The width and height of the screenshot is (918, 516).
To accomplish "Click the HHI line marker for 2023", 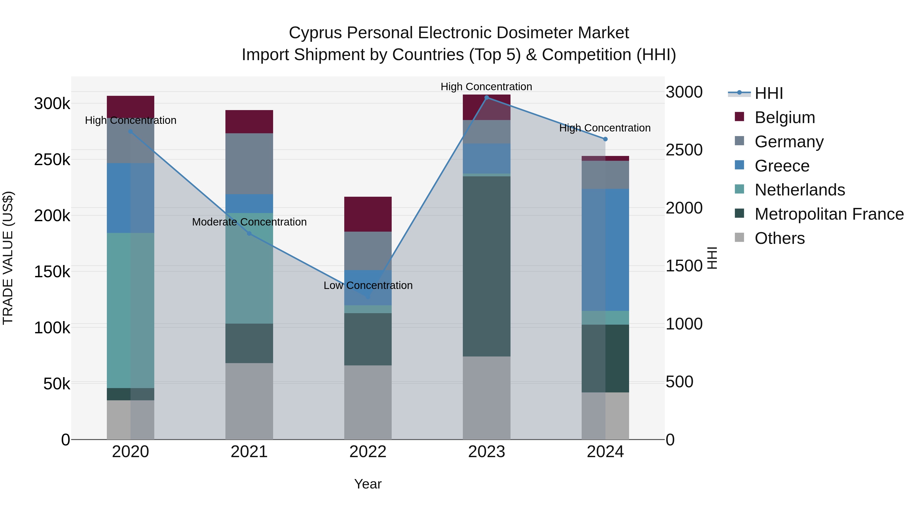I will tap(487, 97).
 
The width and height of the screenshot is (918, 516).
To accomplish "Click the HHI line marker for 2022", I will tap(368, 297).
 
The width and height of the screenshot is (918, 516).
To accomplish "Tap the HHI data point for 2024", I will tap(605, 139).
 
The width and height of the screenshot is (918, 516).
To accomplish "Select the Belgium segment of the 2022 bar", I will tap(368, 214).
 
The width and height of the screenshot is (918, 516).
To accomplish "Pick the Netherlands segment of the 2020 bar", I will tap(130, 310).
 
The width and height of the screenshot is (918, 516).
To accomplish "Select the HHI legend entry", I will tap(769, 93).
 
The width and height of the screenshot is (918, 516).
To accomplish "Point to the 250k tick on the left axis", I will tap(52, 160).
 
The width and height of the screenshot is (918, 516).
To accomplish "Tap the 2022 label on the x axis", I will tap(368, 452).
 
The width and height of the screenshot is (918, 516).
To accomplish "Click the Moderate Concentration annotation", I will tap(249, 222).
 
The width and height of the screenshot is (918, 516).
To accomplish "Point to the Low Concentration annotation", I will tap(368, 285).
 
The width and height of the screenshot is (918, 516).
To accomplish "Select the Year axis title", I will tap(368, 484).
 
